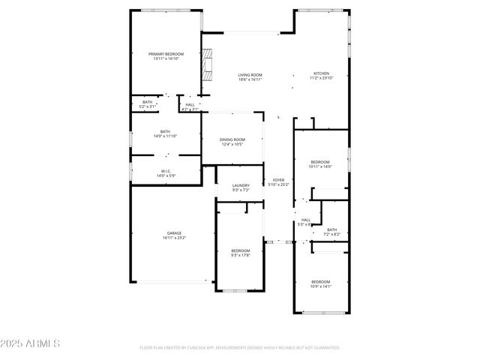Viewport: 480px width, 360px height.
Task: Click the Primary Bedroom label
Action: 166,54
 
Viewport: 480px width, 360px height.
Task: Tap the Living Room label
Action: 250,75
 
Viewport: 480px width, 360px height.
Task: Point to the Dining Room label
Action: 232,139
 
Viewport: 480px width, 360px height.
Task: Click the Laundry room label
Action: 240,185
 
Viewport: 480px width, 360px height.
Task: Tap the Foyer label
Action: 278,180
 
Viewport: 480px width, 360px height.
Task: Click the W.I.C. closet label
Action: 166,171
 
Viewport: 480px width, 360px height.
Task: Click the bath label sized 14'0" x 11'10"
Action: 165,132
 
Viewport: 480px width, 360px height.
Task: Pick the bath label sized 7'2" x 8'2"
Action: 331,230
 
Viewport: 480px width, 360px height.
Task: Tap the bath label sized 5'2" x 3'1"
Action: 147,102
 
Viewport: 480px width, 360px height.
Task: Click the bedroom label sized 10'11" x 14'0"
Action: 320,162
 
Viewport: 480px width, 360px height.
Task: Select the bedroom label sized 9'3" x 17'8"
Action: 240,250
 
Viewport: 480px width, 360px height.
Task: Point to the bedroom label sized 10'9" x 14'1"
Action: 320,282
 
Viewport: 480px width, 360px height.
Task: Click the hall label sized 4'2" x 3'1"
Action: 190,105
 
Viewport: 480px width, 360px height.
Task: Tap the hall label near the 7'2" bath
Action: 305,220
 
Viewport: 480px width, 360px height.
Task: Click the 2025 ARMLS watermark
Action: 30,343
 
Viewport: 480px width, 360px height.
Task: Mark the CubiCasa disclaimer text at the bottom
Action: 240,348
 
